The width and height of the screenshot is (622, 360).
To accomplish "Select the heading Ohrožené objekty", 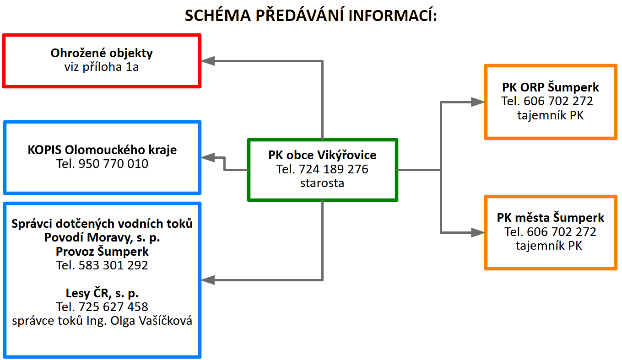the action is [102, 53].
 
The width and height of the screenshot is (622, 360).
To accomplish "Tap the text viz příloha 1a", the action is [102, 67].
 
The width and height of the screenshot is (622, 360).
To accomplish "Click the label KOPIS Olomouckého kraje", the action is [102, 150].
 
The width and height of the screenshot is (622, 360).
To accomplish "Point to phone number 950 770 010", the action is [114, 164].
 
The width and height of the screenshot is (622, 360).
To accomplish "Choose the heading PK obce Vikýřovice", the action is [322, 155].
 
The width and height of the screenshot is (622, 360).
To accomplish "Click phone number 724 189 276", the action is [334, 169].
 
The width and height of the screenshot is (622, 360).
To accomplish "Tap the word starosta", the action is [322, 183].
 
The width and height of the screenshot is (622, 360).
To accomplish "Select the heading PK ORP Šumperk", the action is [550, 87].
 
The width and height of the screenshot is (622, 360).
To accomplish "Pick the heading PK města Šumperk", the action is [550, 218].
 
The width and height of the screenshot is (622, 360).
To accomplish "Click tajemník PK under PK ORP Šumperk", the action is [550, 115].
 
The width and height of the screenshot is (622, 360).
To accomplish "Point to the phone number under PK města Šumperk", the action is [562, 232].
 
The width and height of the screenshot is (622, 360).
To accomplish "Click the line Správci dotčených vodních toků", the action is [102, 224].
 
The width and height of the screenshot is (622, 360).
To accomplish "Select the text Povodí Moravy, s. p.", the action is [102, 237].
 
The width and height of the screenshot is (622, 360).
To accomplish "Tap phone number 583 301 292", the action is [114, 265].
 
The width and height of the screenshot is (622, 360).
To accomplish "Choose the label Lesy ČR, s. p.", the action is [102, 293].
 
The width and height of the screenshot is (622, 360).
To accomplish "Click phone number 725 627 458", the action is [114, 307].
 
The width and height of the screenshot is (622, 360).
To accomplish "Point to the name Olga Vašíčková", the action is [151, 321].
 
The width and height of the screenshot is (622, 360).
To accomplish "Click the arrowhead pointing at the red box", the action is [208, 61].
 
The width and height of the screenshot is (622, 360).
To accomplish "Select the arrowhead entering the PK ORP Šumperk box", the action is [478, 102].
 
